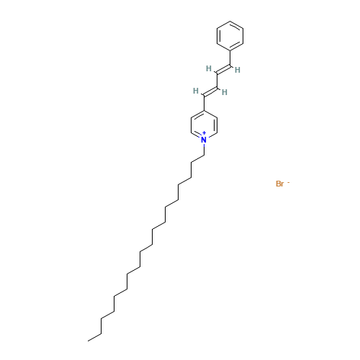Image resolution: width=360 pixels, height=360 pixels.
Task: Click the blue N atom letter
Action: pyautogui.click(x=204, y=140)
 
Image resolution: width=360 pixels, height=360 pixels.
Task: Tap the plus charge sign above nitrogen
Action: pyautogui.click(x=204, y=133)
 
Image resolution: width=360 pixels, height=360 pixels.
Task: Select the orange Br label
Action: pyautogui.click(x=280, y=184)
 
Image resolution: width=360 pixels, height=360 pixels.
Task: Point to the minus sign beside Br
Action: pyautogui.click(x=289, y=183)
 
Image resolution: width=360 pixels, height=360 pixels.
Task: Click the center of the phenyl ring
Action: pyautogui.click(x=230, y=36)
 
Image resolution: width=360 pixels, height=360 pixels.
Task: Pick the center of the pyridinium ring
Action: pyautogui.click(x=204, y=125)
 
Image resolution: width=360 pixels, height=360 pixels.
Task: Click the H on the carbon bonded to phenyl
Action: pyautogui.click(x=238, y=70)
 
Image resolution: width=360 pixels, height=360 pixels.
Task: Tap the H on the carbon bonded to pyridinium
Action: pyautogui.click(x=196, y=91)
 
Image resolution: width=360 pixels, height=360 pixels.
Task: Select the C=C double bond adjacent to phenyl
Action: pyautogui.click(x=224, y=68)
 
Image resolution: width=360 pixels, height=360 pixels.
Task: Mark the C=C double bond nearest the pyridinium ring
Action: pyautogui.click(x=211, y=91)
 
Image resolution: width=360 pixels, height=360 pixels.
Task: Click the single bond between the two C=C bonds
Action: pyautogui.click(x=217, y=80)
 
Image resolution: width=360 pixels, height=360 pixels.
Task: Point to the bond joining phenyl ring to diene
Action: pyautogui.click(x=230, y=58)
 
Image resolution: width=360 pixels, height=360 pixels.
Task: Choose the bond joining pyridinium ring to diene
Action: pyautogui.click(x=204, y=103)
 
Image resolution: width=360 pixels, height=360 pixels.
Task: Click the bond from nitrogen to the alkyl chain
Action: pyautogui.click(x=204, y=149)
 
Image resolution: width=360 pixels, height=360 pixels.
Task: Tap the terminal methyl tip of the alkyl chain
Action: pyautogui.click(x=88, y=341)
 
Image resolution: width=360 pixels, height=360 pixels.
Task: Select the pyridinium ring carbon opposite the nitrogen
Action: pyautogui.click(x=204, y=110)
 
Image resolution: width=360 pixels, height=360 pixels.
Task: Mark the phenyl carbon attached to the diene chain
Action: pyautogui.click(x=230, y=51)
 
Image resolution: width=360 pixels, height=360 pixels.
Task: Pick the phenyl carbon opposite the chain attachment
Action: pyautogui.click(x=230, y=21)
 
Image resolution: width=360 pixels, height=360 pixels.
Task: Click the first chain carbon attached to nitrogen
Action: pyautogui.click(x=204, y=156)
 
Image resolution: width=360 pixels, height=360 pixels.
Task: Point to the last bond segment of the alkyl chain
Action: pyautogui.click(x=94, y=337)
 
